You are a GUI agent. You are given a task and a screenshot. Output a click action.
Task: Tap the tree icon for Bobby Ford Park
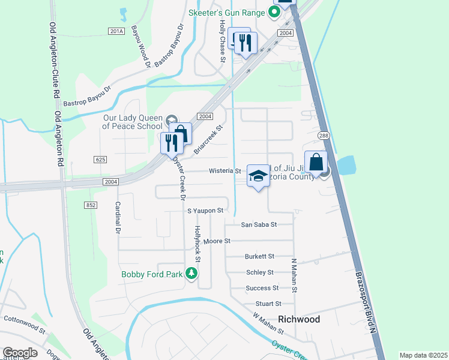click(192, 274)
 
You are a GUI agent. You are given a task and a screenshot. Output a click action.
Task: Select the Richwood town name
click(298, 319)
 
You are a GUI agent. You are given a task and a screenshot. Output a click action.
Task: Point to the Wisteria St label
click(224, 171)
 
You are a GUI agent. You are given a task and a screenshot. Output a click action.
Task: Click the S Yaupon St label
click(205, 211)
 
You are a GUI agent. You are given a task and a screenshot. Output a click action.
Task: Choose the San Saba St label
click(258, 224)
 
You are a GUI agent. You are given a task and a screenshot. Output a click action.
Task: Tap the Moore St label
click(217, 241)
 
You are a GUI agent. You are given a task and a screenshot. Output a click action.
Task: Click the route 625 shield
click(100, 159)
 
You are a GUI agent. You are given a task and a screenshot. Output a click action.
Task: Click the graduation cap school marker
click(258, 176)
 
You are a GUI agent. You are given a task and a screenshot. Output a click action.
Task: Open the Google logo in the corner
click(20, 353)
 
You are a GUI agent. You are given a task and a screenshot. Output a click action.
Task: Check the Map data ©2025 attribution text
click(423, 355)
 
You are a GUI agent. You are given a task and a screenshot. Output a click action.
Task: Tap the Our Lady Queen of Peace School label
click(132, 122)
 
